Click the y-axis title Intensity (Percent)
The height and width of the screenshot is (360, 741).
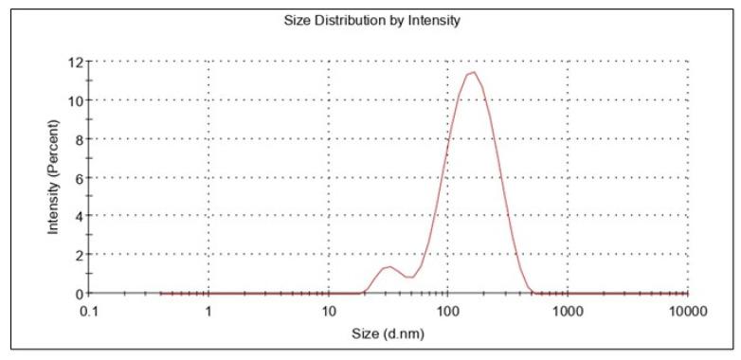54,177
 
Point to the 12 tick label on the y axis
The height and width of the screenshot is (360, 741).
74,63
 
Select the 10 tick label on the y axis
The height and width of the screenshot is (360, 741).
74,100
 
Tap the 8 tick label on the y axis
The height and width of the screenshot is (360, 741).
78,139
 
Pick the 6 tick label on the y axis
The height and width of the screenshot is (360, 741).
78,178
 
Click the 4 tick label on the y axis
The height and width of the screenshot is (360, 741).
78,216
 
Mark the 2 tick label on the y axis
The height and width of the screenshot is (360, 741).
78,255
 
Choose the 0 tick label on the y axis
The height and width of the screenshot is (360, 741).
78,294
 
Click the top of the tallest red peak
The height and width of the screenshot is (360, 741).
472,72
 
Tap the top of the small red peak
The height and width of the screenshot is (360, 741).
387,266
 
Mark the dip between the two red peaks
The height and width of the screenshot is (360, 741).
408,277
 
